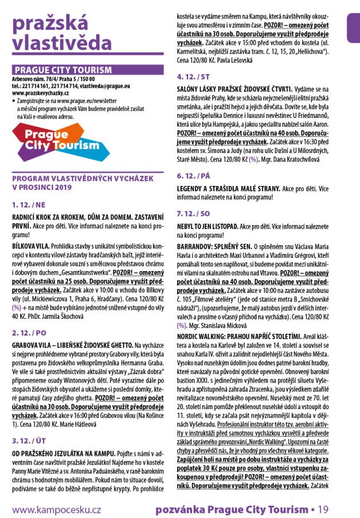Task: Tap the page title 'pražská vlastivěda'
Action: tap(62, 33)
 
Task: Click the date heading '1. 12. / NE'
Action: tap(30, 204)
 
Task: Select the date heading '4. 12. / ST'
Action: tap(194, 77)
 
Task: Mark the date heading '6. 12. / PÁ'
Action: tap(194, 174)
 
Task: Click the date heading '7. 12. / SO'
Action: tap(194, 214)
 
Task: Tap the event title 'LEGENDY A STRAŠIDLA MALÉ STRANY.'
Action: tap(231, 188)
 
